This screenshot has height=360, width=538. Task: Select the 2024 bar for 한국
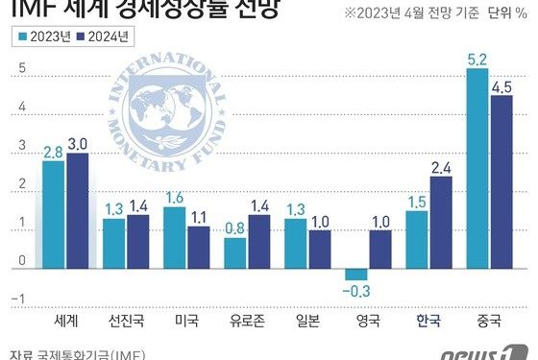click(x=441, y=222)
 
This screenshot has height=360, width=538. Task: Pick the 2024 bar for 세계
click(x=77, y=210)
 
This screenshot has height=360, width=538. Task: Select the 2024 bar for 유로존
click(x=259, y=241)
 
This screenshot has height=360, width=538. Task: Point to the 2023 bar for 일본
click(x=296, y=243)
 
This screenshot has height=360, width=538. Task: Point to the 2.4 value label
click(x=441, y=167)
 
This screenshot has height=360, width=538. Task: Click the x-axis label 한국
click(x=428, y=320)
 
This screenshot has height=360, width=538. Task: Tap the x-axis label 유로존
click(x=248, y=320)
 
